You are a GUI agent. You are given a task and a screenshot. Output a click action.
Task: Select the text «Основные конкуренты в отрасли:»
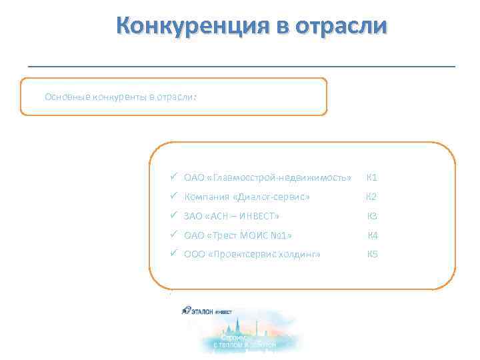click(121, 96)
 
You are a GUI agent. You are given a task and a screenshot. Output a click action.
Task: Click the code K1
click(372, 178)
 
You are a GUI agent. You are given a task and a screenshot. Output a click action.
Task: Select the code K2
click(371, 197)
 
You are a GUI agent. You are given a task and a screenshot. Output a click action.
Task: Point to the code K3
click(372, 216)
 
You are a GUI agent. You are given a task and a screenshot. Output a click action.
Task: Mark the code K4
click(373, 235)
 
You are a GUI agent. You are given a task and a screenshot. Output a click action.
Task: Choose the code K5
click(372, 255)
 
